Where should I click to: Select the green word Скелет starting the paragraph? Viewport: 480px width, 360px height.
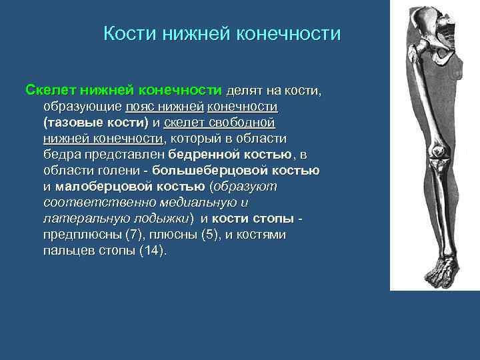point(51,90)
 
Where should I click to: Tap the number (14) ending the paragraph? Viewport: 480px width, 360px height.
point(153,251)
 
